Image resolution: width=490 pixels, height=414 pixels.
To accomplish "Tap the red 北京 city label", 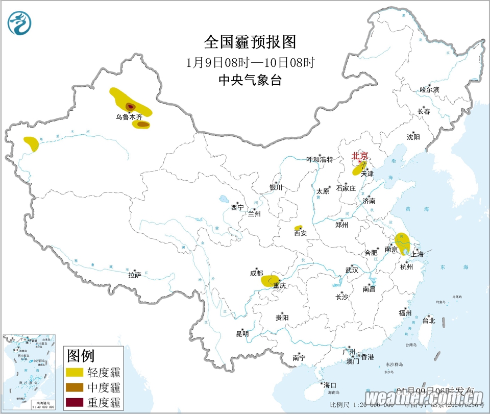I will click(359, 156).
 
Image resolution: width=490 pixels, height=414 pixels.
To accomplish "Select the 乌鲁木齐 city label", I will click(129, 117).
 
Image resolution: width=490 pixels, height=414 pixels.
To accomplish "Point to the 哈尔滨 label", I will click(429, 89).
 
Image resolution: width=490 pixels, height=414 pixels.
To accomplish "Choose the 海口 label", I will click(329, 384).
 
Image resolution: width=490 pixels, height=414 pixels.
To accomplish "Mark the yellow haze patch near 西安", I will click(299, 227).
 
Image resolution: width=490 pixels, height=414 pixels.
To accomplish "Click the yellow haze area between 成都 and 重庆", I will click(269, 280).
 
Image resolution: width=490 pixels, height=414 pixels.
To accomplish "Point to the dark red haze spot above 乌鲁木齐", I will click(130, 106).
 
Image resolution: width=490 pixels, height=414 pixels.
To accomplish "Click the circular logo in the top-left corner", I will click(19, 23).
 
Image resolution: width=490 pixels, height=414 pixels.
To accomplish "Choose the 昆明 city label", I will click(242, 334).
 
